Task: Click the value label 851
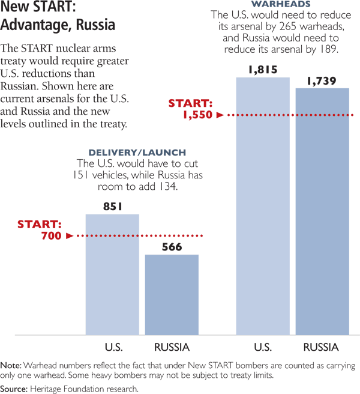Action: (112, 207)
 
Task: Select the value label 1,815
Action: (263, 70)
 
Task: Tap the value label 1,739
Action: (322, 80)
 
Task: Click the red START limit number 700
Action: (52, 236)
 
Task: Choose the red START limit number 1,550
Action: (197, 114)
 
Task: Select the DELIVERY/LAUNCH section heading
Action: (137, 153)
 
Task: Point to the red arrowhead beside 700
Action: (69, 236)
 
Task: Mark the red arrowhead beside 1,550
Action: (220, 114)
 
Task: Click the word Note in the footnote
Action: (11, 365)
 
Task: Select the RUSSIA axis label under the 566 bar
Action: (172, 347)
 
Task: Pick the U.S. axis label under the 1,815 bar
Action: (263, 347)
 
